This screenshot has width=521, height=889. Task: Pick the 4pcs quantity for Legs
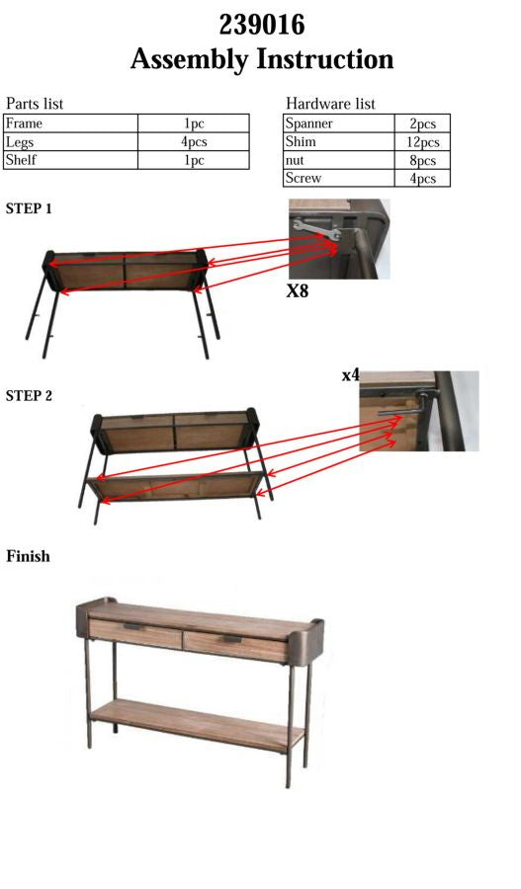coord(194,142)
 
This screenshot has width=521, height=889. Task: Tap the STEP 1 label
coord(30,209)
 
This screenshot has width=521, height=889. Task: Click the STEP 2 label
coord(30,396)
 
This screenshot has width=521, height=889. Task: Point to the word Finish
coord(28,556)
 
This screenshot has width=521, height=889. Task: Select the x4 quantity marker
coord(350,376)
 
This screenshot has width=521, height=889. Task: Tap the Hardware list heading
coord(330,104)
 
